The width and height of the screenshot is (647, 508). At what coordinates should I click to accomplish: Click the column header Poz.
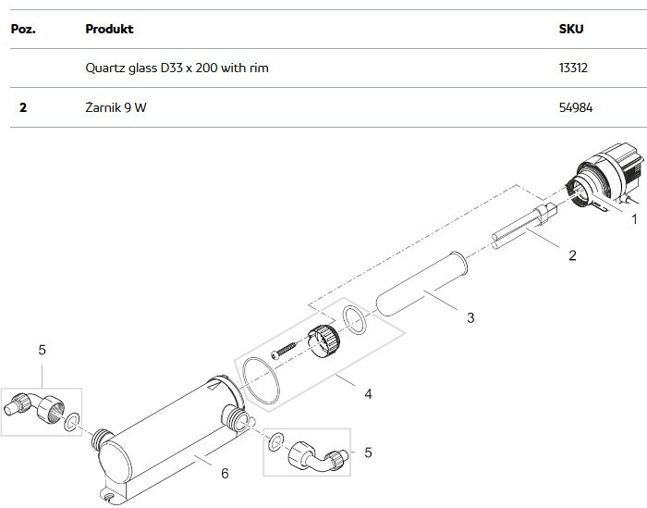coord(23,29)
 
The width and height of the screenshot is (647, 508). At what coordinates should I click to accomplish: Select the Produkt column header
coord(109,29)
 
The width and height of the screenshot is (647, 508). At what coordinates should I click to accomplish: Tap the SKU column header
coord(571,29)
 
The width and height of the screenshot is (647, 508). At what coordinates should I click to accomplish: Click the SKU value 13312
coord(573,68)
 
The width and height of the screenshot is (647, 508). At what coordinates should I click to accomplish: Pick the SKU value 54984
coord(576,107)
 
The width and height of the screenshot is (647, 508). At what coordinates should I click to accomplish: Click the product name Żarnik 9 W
coord(116,107)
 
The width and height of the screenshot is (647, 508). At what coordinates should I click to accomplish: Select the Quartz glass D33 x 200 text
coord(152,68)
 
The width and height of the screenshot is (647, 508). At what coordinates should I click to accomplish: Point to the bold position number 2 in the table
coord(23,107)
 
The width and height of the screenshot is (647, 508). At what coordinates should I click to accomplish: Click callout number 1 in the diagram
coord(635,219)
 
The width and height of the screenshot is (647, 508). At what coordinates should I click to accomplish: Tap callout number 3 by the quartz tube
coord(470,317)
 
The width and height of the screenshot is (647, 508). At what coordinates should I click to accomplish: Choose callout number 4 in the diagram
coord(368,394)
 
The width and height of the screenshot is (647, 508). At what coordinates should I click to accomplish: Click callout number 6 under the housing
coord(225,474)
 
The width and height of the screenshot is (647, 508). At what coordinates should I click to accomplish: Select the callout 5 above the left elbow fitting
coord(43,350)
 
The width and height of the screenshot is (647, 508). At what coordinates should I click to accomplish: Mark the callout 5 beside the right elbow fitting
coord(368,452)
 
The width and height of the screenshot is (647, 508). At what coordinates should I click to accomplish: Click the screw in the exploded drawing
coord(284,350)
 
